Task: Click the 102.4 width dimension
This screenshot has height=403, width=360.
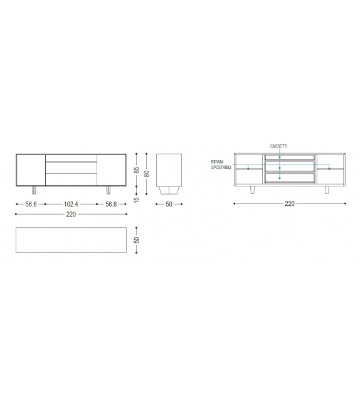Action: [x=71, y=204]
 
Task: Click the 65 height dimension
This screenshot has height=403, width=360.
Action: [x=137, y=170]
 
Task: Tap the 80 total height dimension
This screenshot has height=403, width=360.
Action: [x=147, y=174]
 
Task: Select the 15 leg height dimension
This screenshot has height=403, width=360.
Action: [x=137, y=200]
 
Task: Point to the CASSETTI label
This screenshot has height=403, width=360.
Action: [x=278, y=146]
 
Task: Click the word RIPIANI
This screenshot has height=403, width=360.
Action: [x=217, y=162]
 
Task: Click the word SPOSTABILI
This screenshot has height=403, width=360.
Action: [x=221, y=168]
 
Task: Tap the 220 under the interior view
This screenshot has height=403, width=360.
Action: [x=289, y=203]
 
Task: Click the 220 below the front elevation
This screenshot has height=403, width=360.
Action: [x=71, y=214]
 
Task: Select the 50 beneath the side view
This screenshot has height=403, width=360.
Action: [x=169, y=204]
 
